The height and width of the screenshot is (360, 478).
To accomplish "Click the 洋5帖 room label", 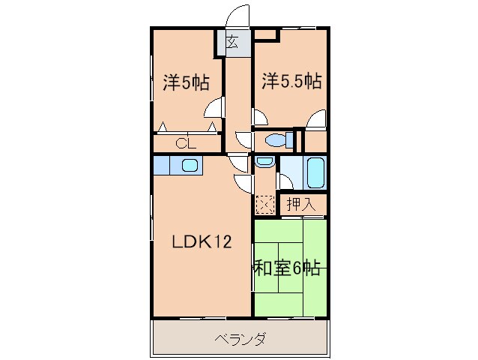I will click(x=186, y=82).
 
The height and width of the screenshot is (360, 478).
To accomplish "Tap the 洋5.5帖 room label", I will click(x=291, y=80).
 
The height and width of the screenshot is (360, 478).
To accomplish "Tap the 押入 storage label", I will click(x=303, y=203).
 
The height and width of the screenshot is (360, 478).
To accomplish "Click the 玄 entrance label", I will click(x=232, y=43).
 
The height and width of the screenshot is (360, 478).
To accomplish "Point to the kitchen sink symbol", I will click(x=189, y=166).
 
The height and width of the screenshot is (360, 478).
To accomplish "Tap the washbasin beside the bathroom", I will click(x=263, y=162).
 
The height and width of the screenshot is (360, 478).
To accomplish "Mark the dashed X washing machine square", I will click(x=264, y=203).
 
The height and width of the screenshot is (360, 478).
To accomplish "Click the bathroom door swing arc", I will click(x=285, y=181).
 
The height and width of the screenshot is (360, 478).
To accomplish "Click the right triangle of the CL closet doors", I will click(x=213, y=127).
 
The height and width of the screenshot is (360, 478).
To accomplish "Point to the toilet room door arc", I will click(x=244, y=139).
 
